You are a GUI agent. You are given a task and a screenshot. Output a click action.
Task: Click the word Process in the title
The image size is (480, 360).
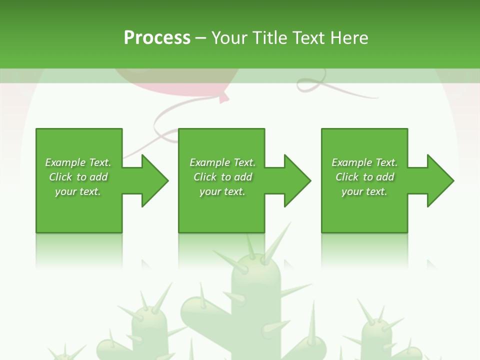(x=157, y=38)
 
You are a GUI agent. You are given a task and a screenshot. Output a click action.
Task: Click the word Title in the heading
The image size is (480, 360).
(x=271, y=38)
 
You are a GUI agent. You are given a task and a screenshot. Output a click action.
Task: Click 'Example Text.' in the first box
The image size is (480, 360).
(x=78, y=162)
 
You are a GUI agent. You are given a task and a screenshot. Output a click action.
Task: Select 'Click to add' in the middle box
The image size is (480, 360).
(x=222, y=177)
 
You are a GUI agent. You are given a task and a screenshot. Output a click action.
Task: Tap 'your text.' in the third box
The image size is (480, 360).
(x=364, y=191)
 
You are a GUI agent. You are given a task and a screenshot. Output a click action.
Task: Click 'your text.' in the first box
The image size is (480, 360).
(x=78, y=191)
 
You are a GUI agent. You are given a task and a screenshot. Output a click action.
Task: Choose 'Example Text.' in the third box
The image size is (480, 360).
(x=364, y=162)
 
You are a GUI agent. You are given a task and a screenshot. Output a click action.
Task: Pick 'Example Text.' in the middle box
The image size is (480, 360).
(x=222, y=162)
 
